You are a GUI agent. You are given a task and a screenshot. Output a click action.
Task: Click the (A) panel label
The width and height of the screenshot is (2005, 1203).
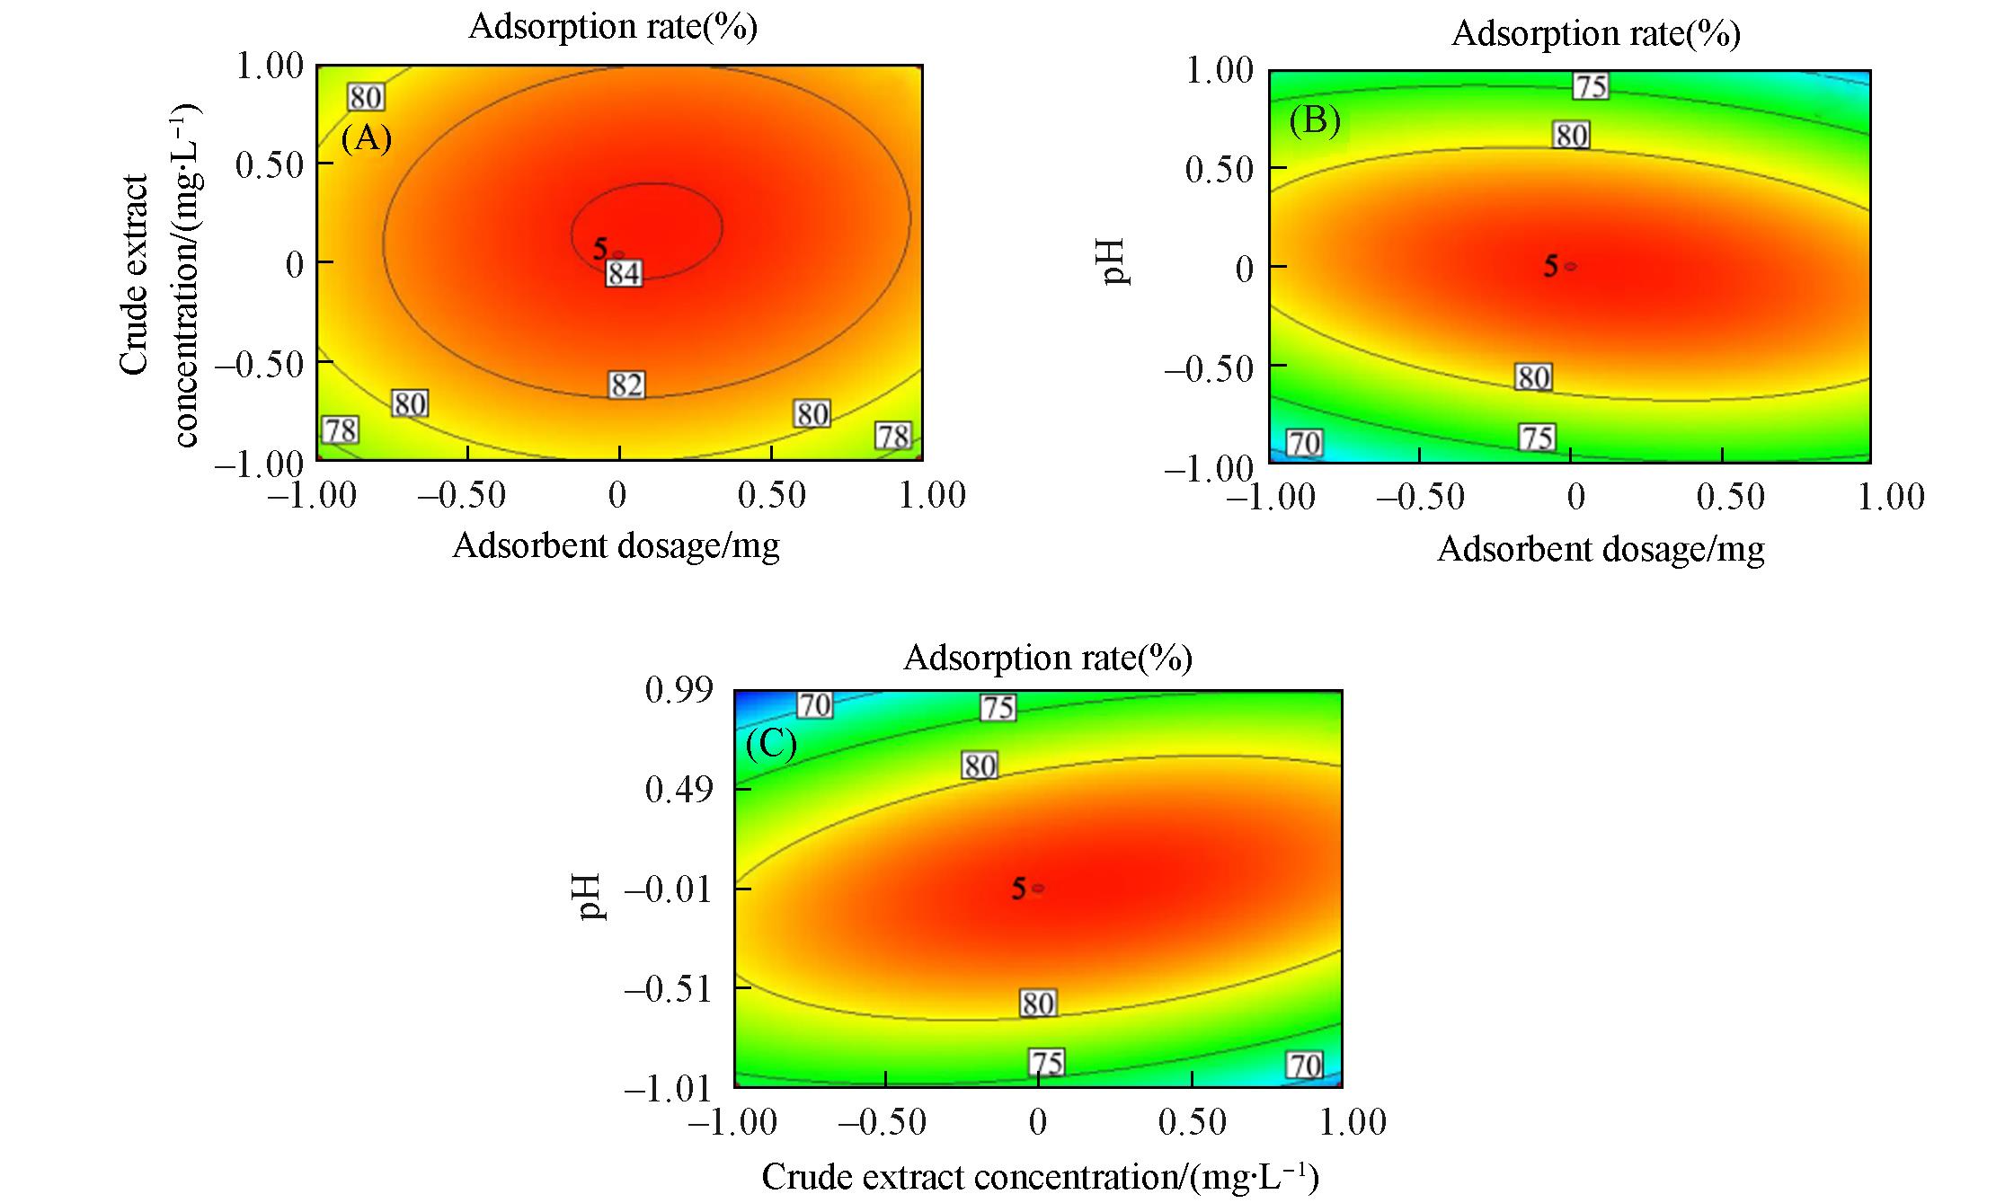tap(367, 139)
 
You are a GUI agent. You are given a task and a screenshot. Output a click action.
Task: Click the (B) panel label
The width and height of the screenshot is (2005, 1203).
tap(1315, 120)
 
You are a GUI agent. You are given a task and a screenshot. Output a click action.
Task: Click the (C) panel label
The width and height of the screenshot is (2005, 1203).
tap(771, 745)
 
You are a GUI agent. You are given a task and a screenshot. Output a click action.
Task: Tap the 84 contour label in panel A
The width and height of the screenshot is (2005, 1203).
tap(624, 272)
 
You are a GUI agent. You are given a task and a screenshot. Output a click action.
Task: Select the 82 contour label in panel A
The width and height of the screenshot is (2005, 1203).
tap(626, 385)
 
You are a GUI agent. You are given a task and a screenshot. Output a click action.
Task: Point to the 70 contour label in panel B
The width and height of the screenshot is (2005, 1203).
tap(1304, 443)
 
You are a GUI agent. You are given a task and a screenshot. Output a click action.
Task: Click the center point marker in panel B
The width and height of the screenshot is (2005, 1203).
tap(1570, 266)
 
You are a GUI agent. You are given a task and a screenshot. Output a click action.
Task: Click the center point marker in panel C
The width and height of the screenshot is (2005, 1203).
tap(1038, 888)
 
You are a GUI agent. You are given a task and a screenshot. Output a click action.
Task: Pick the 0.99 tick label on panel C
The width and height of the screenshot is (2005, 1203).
tap(679, 690)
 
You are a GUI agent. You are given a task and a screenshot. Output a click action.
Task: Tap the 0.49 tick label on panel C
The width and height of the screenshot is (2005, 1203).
tap(679, 790)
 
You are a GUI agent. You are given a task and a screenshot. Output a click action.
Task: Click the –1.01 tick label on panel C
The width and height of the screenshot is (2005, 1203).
tap(667, 1089)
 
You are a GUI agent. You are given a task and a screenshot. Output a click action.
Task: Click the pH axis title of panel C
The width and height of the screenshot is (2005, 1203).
tap(591, 898)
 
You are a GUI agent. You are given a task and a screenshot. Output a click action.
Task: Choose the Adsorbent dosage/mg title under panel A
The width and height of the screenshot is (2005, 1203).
tap(616, 545)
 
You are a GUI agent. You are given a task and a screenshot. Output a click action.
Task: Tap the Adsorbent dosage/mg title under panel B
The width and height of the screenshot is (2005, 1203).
tap(1601, 549)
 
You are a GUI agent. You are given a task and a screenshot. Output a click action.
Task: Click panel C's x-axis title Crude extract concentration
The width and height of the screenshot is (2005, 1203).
tap(1040, 1177)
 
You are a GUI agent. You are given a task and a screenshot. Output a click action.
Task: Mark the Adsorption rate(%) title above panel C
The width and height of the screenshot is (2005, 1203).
tap(1048, 658)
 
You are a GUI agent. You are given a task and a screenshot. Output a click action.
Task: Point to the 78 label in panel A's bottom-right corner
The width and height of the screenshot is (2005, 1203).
tap(893, 437)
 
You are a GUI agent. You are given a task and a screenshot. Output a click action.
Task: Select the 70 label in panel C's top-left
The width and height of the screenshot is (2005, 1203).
tap(815, 705)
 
